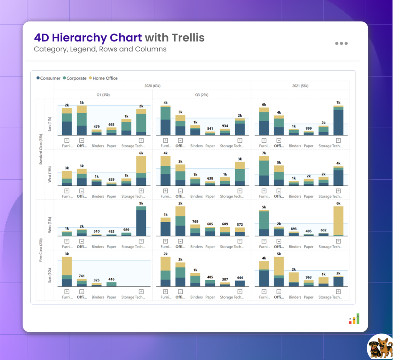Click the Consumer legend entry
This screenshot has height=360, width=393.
[x=48, y=78]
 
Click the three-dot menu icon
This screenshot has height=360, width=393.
[x=341, y=43]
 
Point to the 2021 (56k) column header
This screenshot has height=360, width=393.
[x=301, y=86]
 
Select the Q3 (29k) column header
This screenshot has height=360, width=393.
[x=201, y=94]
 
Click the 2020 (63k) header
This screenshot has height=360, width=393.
[x=152, y=86]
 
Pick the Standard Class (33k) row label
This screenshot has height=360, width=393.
[x=41, y=149]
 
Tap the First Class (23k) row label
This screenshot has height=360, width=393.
[x=41, y=250]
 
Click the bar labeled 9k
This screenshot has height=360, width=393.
[x=141, y=221]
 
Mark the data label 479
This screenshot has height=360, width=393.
[x=96, y=127]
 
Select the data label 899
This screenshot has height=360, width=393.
[x=309, y=129]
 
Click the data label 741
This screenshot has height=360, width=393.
[x=81, y=276]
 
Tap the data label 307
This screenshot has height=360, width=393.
[x=225, y=279]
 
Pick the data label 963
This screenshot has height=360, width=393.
[x=309, y=277]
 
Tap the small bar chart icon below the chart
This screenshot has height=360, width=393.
[x=354, y=319]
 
